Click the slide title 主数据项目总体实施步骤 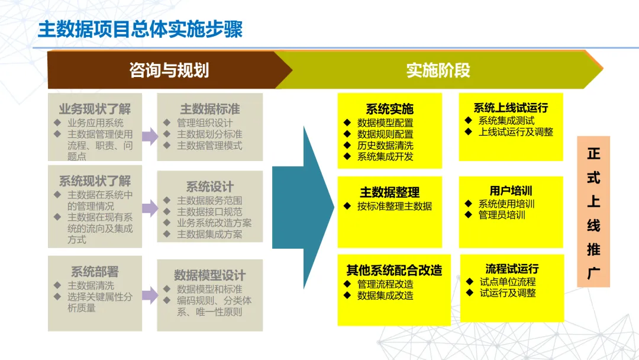click(x=140, y=30)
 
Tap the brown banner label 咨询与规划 click(x=169, y=70)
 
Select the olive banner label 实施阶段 click(x=438, y=70)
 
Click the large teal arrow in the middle click(x=302, y=207)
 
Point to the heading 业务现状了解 click(x=95, y=109)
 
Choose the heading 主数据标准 click(x=210, y=109)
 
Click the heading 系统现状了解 click(x=95, y=181)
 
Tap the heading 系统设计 click(x=210, y=187)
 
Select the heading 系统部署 click(x=95, y=272)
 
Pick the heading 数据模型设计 click(x=209, y=275)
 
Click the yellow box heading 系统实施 click(x=389, y=109)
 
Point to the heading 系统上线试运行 click(x=511, y=108)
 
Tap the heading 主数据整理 click(x=389, y=192)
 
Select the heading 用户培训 click(x=511, y=191)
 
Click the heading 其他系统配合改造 click(x=394, y=270)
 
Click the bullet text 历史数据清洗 click(x=385, y=146)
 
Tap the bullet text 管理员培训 click(x=502, y=215)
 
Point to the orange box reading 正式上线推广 click(x=593, y=212)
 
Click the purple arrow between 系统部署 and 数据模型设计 click(x=150, y=294)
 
